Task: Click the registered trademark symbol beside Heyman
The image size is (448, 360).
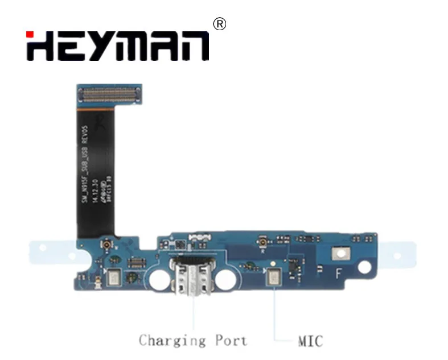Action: click(219, 24)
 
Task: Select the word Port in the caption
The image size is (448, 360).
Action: click(231, 341)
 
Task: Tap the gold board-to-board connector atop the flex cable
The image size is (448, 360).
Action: click(109, 94)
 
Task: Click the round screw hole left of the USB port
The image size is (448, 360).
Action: click(159, 279)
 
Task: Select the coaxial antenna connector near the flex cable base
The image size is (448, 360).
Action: click(106, 245)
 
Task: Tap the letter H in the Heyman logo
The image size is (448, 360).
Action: click(40, 45)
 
